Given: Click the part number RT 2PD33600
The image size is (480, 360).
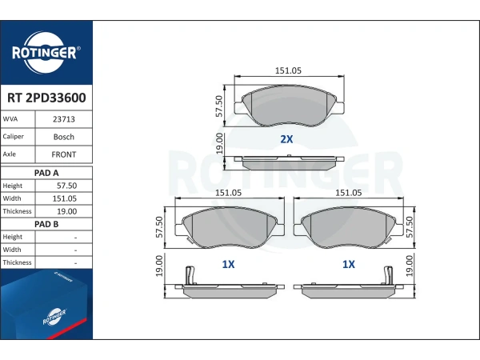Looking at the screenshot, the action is click(x=46, y=98).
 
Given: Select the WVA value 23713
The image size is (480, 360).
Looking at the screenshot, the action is click(x=64, y=119).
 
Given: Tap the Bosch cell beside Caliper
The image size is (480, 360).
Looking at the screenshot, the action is click(x=64, y=137).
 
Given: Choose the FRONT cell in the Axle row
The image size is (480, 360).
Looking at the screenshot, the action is click(x=64, y=154).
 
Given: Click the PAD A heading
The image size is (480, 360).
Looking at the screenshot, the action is click(x=46, y=173).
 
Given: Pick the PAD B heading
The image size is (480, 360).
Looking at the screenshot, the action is click(x=46, y=224).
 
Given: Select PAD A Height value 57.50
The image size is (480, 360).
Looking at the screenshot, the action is click(x=66, y=186).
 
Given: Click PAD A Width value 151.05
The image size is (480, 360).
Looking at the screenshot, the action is click(x=64, y=198).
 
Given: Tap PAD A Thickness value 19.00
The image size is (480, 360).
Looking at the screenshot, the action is click(x=66, y=211).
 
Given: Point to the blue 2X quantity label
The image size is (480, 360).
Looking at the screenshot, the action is click(x=286, y=139).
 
